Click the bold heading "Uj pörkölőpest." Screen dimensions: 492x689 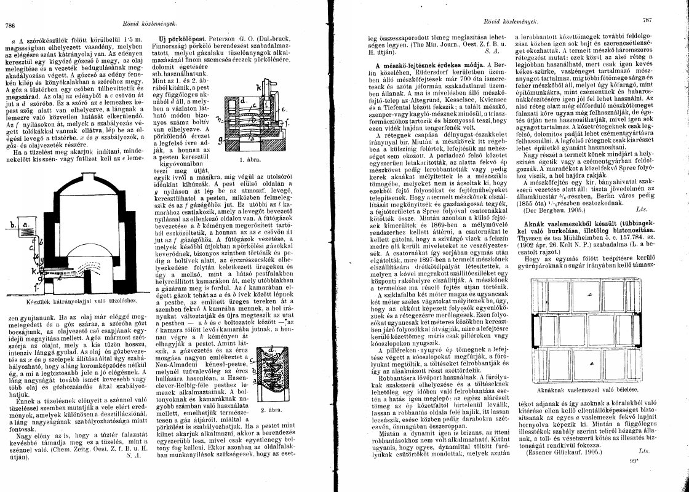click(x=176, y=39)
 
